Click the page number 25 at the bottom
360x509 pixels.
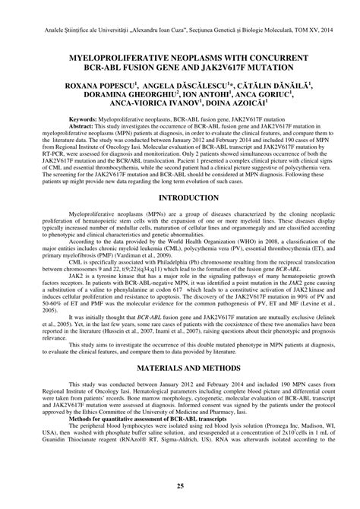180,487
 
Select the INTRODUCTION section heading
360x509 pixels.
180,197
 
